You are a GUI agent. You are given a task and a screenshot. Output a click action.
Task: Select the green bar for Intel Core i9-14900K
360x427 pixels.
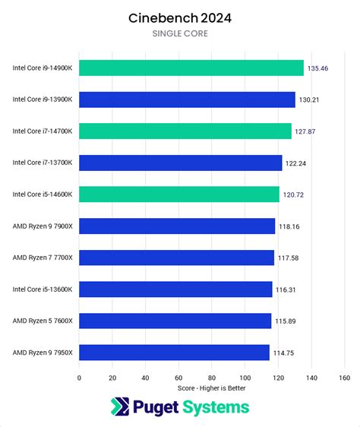pyautogui.click(x=191, y=68)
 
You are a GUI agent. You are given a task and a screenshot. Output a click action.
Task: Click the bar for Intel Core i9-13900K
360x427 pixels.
pyautogui.click(x=187, y=100)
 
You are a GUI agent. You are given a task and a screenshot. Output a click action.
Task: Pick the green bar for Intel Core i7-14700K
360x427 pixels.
pyautogui.click(x=185, y=131)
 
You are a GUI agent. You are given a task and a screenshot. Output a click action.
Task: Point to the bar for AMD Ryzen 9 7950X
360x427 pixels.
pyautogui.click(x=174, y=352)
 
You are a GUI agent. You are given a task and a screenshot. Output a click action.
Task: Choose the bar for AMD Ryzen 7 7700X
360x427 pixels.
pyautogui.click(x=176, y=258)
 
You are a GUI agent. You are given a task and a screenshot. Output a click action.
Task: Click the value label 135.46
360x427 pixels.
pyautogui.click(x=317, y=68)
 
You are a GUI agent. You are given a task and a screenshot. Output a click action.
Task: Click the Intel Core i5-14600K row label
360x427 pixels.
pyautogui.click(x=43, y=195)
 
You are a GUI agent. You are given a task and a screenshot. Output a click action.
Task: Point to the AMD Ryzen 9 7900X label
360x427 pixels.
pyautogui.click(x=43, y=226)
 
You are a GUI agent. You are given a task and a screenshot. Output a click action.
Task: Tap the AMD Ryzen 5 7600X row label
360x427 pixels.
pyautogui.click(x=43, y=321)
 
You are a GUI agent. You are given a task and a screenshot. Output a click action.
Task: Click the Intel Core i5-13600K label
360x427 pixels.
pyautogui.click(x=43, y=289)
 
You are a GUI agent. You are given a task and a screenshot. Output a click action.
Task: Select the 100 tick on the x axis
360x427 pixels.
pyautogui.click(x=245, y=377)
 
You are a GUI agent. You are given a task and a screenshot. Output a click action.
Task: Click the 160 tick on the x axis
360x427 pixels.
pyautogui.click(x=344, y=377)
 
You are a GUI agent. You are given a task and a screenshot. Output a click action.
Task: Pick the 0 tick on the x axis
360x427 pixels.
pyautogui.click(x=79, y=377)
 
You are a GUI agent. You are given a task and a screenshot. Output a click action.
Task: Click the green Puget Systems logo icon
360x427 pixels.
pyautogui.click(x=121, y=407)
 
